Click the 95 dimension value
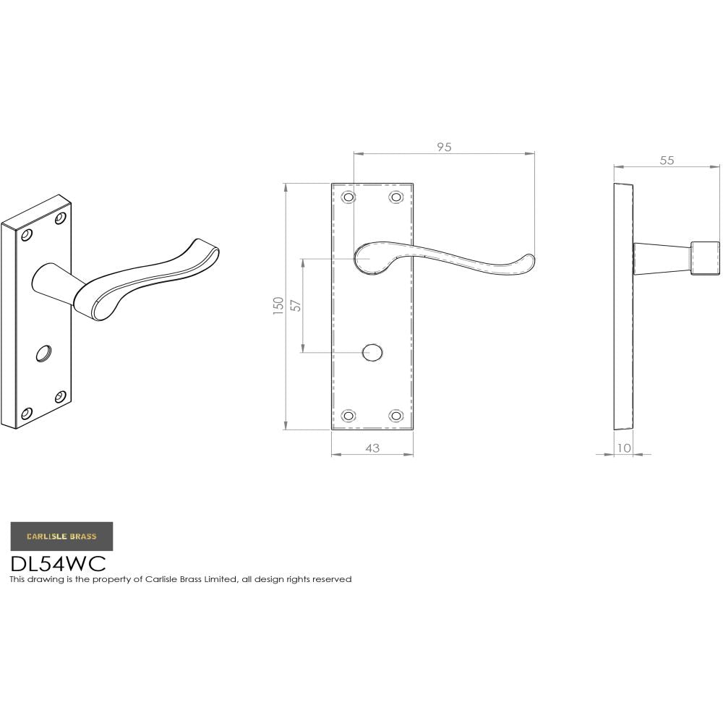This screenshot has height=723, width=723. [444, 147]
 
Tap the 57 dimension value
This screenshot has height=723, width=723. [295, 305]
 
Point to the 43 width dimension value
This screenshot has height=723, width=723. [372, 448]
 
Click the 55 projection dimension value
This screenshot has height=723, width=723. [667, 161]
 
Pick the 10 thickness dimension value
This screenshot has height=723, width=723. [623, 448]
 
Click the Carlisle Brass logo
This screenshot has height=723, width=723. [61, 536]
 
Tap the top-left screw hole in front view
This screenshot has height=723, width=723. [348, 197]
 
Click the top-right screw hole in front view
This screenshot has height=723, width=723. [395, 197]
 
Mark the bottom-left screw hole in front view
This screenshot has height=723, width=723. [348, 416]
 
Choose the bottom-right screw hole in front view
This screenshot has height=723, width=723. [395, 416]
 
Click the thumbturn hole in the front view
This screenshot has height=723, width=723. [372, 353]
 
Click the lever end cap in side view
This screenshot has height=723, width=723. [705, 258]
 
